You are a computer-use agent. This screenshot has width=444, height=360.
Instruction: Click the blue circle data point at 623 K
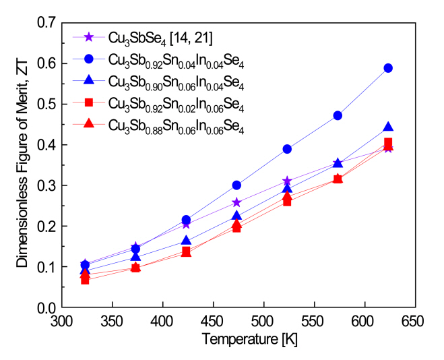click(x=407, y=68)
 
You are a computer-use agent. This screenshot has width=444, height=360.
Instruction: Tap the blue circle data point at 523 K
click(x=287, y=149)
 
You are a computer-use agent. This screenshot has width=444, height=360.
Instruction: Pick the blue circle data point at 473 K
click(x=236, y=185)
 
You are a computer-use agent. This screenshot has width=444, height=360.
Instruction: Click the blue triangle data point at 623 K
click(x=407, y=127)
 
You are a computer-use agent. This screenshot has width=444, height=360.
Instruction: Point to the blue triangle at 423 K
click(x=186, y=241)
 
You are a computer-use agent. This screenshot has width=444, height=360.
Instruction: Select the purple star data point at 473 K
click(x=236, y=202)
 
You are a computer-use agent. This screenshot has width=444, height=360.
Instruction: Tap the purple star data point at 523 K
click(x=287, y=181)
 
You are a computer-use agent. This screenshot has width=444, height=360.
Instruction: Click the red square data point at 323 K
click(x=86, y=279)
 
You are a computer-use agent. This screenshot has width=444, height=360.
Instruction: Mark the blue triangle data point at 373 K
click(x=135, y=256)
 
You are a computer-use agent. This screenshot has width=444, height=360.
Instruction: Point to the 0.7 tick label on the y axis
click(x=49, y=23)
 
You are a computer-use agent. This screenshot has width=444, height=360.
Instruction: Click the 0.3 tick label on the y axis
click(x=49, y=185)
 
